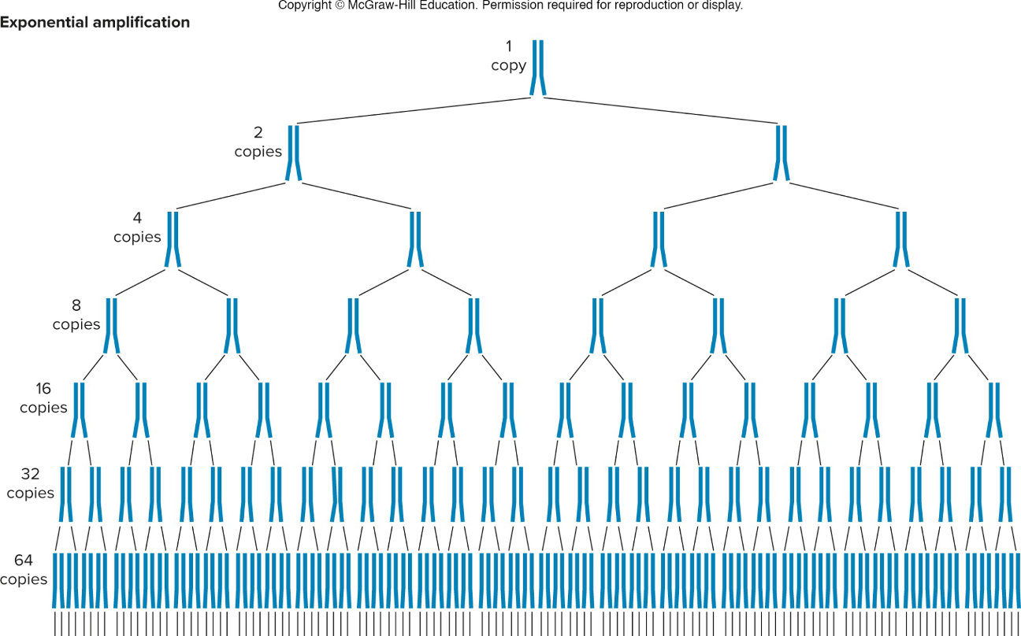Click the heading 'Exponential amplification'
(x=95, y=23)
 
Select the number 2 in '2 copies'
(x=258, y=133)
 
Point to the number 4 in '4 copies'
(x=137, y=218)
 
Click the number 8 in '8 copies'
(x=76, y=305)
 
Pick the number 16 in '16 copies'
(x=43, y=389)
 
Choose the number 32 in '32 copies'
(x=30, y=475)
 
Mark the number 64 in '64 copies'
(x=23, y=560)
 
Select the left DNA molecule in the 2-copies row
(x=294, y=153)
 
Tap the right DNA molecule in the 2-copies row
(x=781, y=153)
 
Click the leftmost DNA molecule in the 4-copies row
(x=173, y=239)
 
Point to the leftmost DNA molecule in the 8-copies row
(x=112, y=325)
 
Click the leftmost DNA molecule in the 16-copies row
(x=80, y=410)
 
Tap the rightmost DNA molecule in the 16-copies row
(x=993, y=410)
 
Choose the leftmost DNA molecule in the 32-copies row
(x=66, y=494)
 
